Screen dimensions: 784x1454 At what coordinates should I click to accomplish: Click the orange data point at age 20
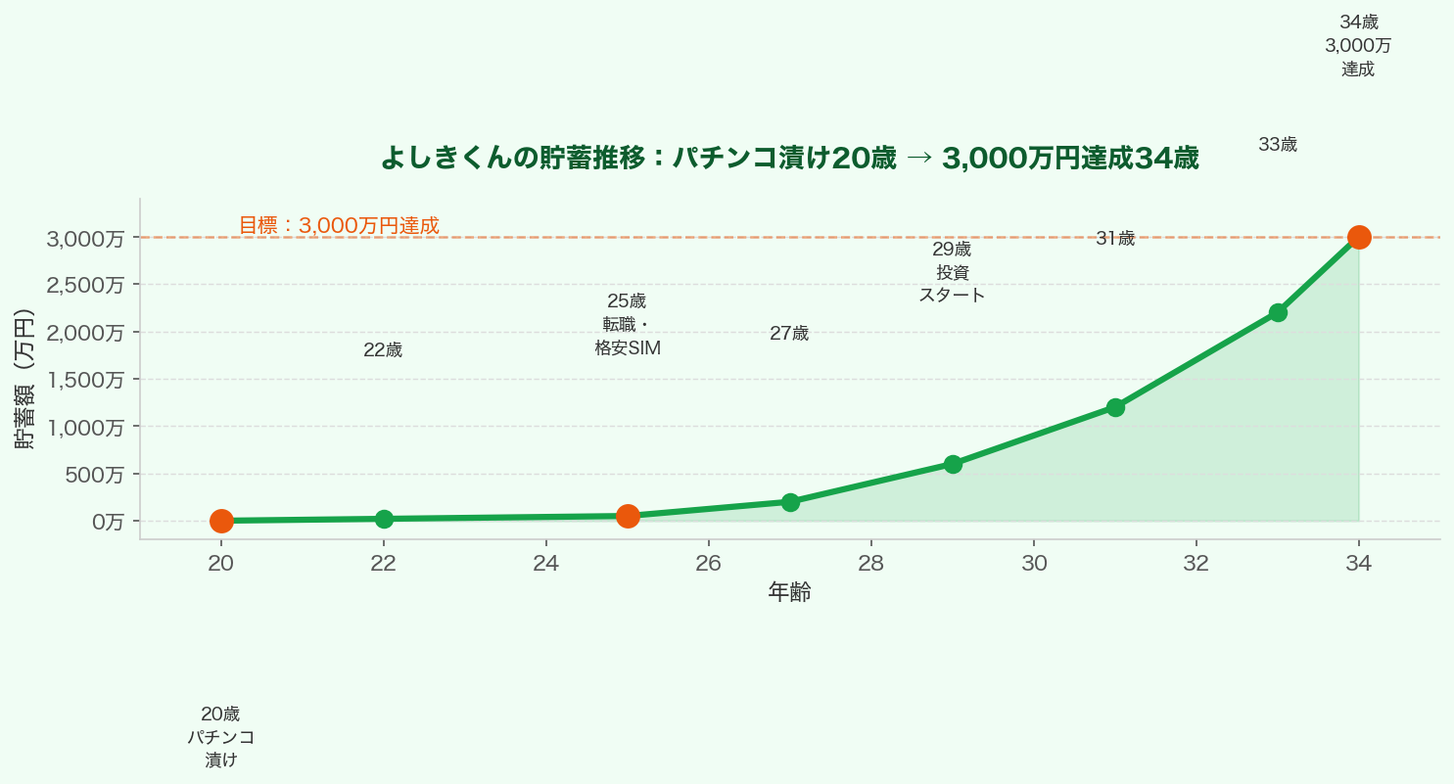coord(221,521)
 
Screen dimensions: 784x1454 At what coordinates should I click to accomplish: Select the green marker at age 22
coord(384,519)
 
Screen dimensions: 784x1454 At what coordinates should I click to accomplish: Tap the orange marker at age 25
coord(628,516)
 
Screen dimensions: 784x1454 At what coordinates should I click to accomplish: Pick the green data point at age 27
coord(790,502)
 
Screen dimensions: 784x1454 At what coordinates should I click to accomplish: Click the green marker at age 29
coord(953,464)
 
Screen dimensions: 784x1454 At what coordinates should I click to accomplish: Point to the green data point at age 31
coord(1115,407)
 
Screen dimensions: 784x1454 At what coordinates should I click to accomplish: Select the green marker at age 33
coord(1278,312)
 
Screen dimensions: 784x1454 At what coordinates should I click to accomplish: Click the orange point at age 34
coord(1359,237)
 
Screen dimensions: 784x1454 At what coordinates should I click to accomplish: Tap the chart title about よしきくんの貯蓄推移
coord(789,158)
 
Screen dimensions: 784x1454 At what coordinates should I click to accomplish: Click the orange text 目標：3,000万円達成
coord(339,225)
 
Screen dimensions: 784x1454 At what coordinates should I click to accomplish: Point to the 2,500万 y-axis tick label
coord(86,285)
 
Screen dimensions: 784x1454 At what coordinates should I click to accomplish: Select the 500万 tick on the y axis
coord(94,475)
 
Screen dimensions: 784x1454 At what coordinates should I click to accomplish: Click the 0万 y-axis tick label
coord(108,522)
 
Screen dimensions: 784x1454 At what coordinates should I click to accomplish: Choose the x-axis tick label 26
coord(708,563)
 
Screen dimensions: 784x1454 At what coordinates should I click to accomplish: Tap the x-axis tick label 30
coord(1033,563)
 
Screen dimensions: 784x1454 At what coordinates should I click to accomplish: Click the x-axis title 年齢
coord(789,592)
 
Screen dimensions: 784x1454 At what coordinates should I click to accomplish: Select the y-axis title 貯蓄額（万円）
coord(24,379)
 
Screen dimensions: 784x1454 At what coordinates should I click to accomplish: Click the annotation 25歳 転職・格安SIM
coord(628,324)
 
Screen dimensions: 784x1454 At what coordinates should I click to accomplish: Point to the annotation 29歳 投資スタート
coord(952,271)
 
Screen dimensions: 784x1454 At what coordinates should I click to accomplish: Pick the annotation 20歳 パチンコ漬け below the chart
coord(221,736)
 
